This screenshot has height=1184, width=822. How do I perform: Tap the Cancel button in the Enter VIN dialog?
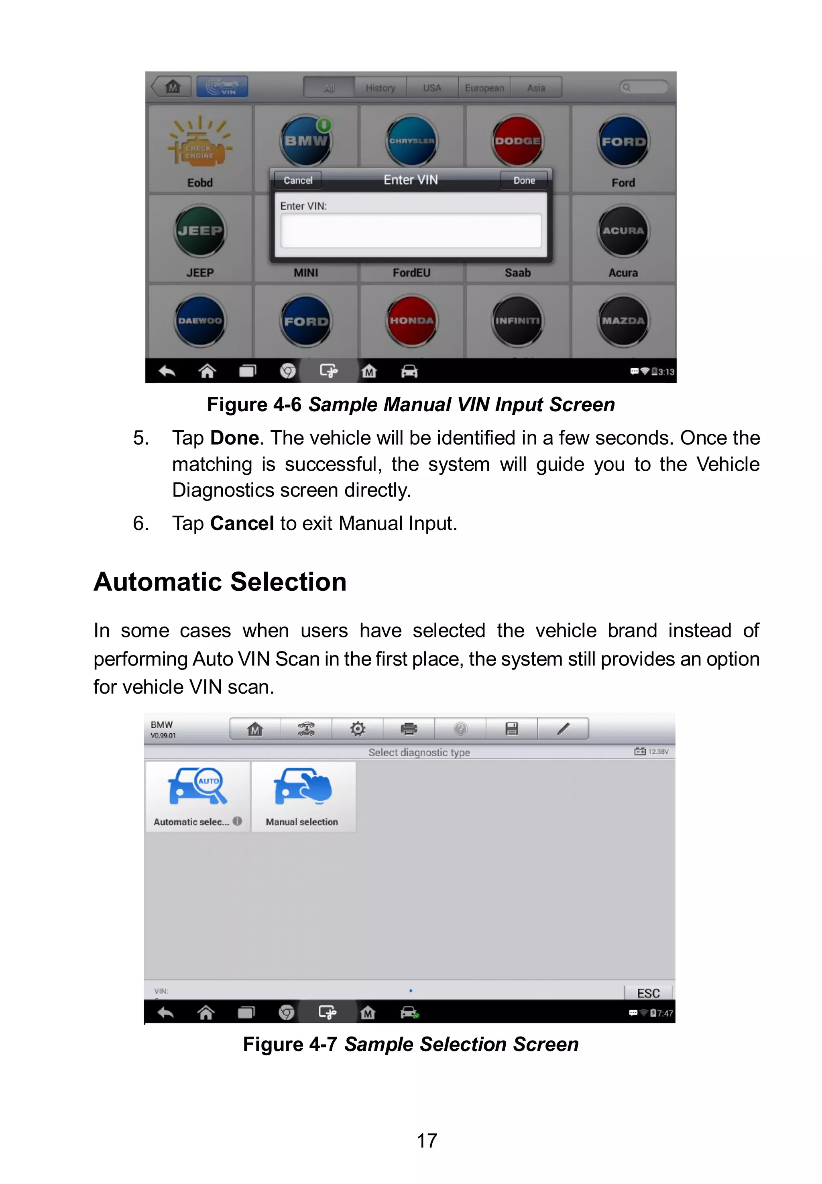298,180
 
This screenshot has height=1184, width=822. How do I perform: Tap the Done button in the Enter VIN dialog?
524,180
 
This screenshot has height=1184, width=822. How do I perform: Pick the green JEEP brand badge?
200,231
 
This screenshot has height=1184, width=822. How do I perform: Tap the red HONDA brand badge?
411,320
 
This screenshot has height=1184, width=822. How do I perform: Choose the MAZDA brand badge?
623,320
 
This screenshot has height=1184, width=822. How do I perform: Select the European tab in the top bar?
484,88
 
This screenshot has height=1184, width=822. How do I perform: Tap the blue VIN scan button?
222,87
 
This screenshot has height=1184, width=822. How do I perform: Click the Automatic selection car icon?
198,787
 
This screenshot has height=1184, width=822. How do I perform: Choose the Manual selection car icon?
303,787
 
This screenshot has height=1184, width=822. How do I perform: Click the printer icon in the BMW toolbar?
409,729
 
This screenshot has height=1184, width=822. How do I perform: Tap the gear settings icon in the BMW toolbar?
358,729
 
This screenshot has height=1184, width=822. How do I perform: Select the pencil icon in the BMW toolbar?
564,729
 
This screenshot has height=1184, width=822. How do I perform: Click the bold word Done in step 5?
234,438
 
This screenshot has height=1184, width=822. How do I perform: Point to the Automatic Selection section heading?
220,582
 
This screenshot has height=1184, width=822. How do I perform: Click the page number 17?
426,1141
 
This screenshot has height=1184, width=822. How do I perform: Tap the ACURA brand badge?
623,231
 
